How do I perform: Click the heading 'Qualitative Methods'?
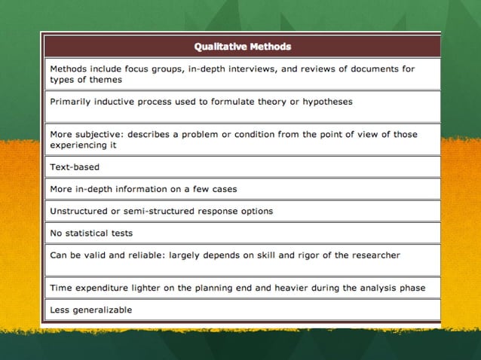point(242,47)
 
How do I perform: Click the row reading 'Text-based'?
point(75,166)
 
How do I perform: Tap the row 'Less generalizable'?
point(90,310)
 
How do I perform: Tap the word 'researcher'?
point(374,255)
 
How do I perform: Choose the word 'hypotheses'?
point(326,101)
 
